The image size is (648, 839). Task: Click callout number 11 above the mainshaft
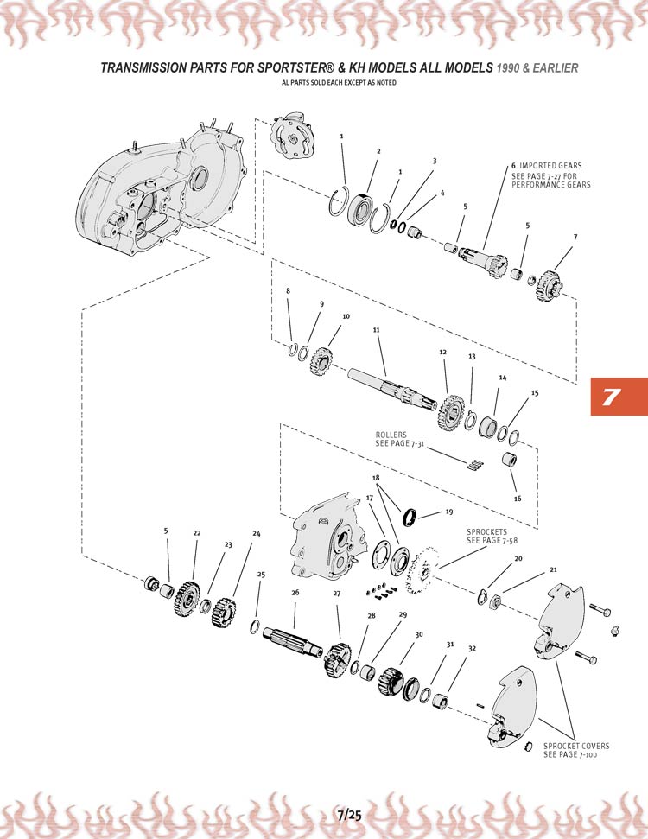(376, 330)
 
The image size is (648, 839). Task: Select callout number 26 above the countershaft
(295, 593)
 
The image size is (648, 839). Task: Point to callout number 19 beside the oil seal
(448, 512)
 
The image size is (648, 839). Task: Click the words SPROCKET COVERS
(576, 746)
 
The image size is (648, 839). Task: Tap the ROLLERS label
(391, 435)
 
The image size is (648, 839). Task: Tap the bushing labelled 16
(511, 460)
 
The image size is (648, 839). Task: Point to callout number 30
(419, 635)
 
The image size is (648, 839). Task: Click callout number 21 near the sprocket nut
(553, 569)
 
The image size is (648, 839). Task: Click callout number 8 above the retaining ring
(288, 291)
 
